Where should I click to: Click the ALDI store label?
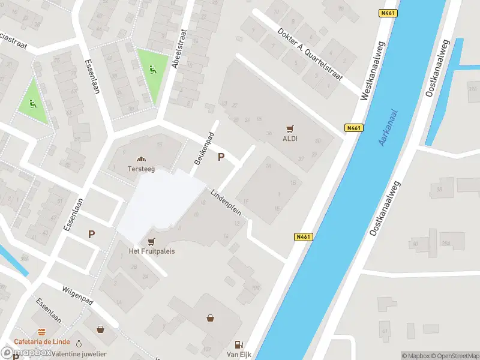pos(290,139)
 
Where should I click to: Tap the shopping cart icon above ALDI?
pos(291,128)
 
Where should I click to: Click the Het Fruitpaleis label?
pos(152,251)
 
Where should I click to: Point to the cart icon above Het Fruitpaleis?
pos(151,241)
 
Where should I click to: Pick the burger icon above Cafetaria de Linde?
pos(41,332)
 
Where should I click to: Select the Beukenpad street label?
pos(203,151)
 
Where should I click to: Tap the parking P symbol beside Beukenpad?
pos(221,157)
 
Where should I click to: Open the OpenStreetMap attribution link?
pos(455,356)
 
